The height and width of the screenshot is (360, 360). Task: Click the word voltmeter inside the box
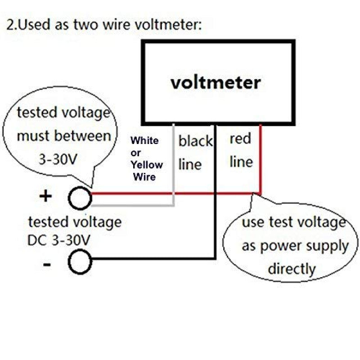(216, 83)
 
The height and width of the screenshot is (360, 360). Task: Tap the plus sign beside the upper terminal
(47, 197)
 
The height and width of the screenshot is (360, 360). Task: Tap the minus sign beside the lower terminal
(47, 264)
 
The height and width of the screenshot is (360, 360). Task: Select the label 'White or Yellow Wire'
(146, 158)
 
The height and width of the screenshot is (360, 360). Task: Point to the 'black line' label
(195, 153)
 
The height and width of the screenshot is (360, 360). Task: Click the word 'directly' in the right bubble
(292, 269)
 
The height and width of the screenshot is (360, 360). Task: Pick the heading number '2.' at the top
(11, 25)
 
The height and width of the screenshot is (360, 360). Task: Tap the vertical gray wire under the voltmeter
(174, 162)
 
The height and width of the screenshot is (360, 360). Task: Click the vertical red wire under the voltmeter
(260, 157)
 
